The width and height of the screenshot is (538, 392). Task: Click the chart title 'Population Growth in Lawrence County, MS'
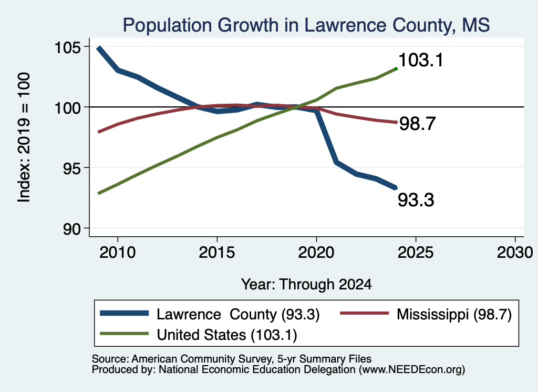point(306,25)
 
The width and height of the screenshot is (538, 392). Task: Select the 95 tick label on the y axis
point(72,168)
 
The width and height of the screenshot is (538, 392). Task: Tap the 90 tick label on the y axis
point(72,229)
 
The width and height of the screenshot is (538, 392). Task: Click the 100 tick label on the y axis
point(68,107)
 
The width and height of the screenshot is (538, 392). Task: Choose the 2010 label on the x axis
point(118,253)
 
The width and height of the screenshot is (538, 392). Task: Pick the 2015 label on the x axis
point(217,253)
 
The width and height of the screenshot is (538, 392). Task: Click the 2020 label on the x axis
point(316,253)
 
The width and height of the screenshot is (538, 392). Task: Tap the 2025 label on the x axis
point(416,253)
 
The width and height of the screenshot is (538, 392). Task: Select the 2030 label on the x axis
point(515,253)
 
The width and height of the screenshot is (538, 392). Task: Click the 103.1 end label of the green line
point(421,60)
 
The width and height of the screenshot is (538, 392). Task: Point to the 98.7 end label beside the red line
point(418,124)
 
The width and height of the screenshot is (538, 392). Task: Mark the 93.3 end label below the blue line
point(416,200)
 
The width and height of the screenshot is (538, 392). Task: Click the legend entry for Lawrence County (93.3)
point(210,314)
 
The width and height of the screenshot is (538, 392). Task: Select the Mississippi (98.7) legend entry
point(426,314)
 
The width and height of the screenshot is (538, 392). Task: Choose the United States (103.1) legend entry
point(199,335)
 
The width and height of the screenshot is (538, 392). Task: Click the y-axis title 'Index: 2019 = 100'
point(24,137)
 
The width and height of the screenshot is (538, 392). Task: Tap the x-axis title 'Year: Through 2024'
point(306,285)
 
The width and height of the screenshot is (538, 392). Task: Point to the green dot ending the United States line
point(396,69)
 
